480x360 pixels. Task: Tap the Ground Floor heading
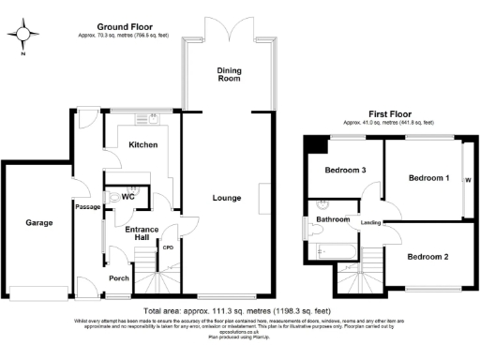click(126, 29)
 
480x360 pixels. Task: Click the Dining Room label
click(231, 75)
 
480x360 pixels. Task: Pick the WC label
click(128, 198)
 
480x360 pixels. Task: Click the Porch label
click(119, 277)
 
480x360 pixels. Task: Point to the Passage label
click(88, 206)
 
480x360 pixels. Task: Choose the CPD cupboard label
click(170, 248)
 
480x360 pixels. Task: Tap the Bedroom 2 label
click(427, 256)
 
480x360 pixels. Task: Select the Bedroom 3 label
click(345, 170)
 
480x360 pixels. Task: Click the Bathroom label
click(333, 219)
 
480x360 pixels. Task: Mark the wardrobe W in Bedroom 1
click(467, 180)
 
